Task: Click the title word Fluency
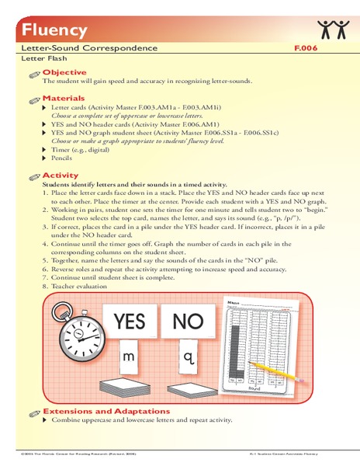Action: click(x=44, y=30)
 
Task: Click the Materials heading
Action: click(x=64, y=99)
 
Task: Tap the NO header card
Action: click(x=188, y=322)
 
